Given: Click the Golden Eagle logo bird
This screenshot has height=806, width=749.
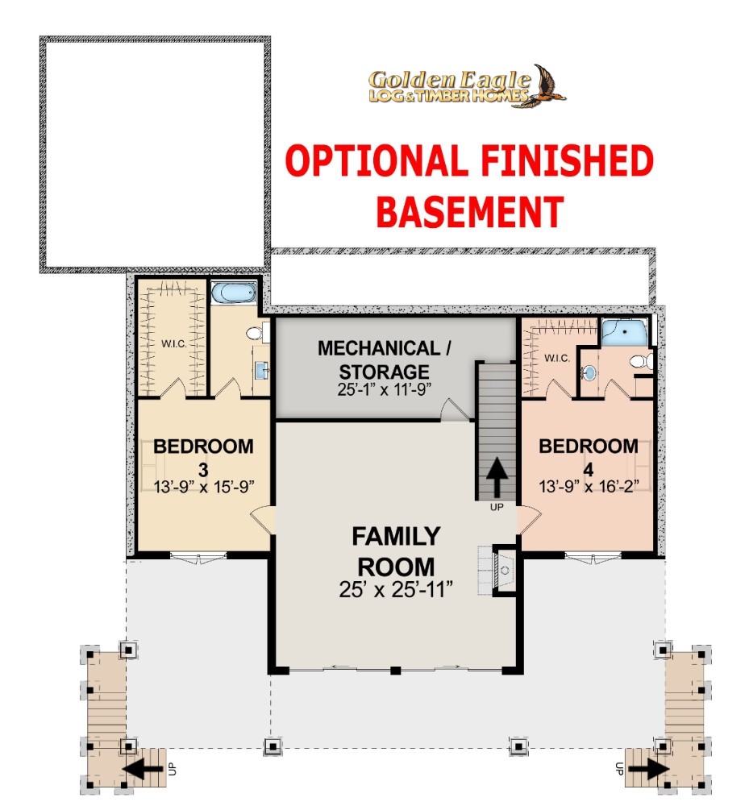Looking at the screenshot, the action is [547, 86].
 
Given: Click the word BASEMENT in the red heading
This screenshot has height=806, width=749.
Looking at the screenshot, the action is [470, 212].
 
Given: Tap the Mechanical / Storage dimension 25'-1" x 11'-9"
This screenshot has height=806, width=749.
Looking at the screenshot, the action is [384, 389].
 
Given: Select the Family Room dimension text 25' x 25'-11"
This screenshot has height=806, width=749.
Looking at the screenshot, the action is [396, 590].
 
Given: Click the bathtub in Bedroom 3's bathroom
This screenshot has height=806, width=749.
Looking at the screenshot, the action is [233, 293].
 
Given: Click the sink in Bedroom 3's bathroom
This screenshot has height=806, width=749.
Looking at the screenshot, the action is [262, 370].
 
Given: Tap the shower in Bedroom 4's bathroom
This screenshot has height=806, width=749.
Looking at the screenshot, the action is [624, 332].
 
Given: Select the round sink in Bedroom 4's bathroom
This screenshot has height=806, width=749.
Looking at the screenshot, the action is [589, 372].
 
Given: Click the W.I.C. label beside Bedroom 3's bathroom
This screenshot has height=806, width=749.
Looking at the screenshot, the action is [174, 343].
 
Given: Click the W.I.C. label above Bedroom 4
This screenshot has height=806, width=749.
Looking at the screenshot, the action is [557, 358].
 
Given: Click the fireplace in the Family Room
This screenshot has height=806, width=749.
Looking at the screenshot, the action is [503, 570].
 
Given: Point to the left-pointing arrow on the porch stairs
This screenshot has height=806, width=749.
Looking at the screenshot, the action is [144, 769].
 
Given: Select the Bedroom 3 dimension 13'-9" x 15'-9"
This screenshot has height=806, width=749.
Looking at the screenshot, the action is [203, 486].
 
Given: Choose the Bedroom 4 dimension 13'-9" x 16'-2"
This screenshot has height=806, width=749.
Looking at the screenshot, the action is [589, 486].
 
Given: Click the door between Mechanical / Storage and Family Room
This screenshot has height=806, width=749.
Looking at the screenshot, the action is [455, 409].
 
